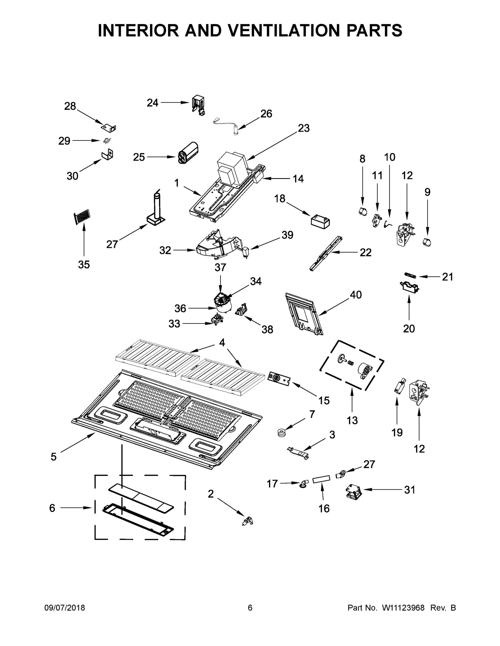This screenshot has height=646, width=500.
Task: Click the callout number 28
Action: [x=70, y=106]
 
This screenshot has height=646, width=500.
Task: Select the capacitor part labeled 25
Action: [x=188, y=153]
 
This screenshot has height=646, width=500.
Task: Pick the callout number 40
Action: [x=356, y=295]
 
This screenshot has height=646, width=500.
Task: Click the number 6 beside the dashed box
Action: [x=52, y=508]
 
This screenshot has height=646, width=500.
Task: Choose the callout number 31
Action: [x=410, y=490]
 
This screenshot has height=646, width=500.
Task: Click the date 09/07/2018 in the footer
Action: [x=65, y=608]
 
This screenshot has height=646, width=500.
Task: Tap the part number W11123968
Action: [x=403, y=608]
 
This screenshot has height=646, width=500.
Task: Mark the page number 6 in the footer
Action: [x=250, y=608]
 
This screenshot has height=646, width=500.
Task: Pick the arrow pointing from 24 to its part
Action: [x=175, y=103]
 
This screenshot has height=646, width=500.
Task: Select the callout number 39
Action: [x=287, y=235]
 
